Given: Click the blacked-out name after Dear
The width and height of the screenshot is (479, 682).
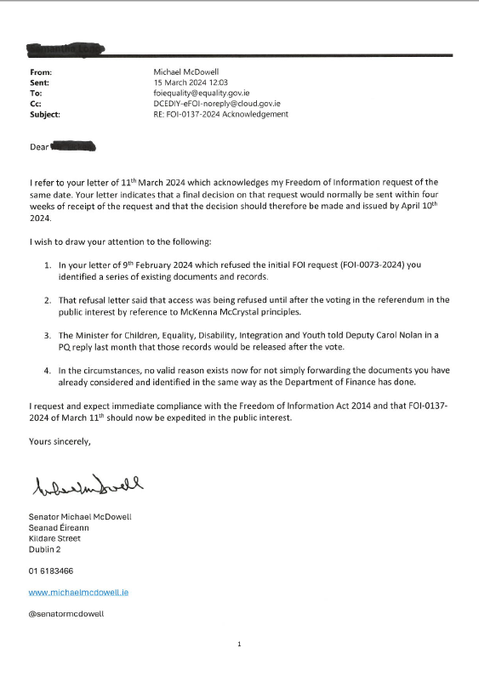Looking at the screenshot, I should coord(73,147).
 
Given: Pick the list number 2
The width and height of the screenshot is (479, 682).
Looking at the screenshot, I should coord(48,300).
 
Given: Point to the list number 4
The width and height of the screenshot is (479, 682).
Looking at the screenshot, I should coord(48,371).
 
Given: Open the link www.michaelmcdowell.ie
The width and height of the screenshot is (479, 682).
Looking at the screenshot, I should coord(78,591).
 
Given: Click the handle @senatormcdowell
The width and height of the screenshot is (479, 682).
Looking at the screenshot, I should coord(66,612).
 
